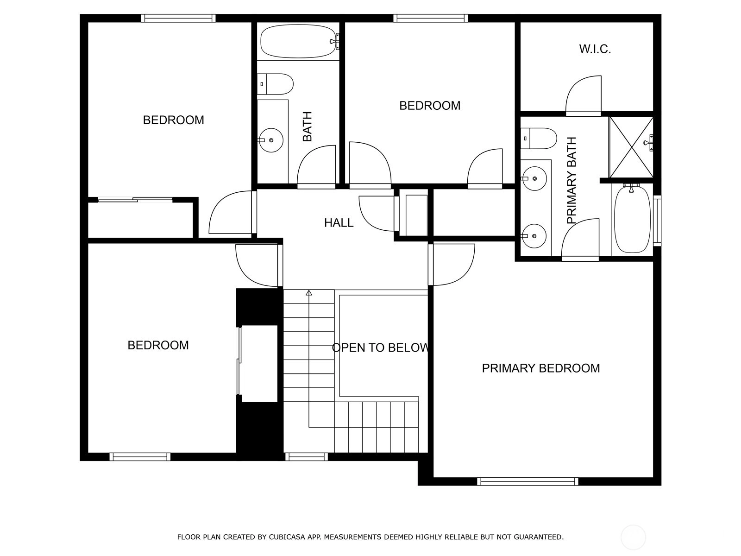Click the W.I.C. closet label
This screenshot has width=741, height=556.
pyautogui.click(x=595, y=49)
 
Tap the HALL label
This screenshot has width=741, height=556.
pyautogui.click(x=339, y=223)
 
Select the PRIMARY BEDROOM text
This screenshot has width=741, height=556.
pyautogui.click(x=541, y=368)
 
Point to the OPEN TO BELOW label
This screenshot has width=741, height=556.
pyautogui.click(x=380, y=347)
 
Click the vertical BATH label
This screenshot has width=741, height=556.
pyautogui.click(x=307, y=126)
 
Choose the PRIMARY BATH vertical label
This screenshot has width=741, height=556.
pyautogui.click(x=571, y=180)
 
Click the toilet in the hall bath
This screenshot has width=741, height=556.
pyautogui.click(x=275, y=84)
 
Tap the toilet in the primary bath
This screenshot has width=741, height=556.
pyautogui.click(x=539, y=139)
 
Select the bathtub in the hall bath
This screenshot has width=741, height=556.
pyautogui.click(x=298, y=41)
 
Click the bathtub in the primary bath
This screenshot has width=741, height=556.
pyautogui.click(x=632, y=220)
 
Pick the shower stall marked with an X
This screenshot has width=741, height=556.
pyautogui.click(x=631, y=147)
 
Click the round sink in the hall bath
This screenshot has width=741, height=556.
pyautogui.click(x=271, y=140)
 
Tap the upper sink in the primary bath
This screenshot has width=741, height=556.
pyautogui.click(x=534, y=178)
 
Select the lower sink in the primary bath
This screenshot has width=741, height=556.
pyautogui.click(x=534, y=236)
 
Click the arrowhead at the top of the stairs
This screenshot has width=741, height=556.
pyautogui.click(x=308, y=293)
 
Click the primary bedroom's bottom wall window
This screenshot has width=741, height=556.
pyautogui.click(x=527, y=481)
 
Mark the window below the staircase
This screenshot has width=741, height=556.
pyautogui.click(x=307, y=457)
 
